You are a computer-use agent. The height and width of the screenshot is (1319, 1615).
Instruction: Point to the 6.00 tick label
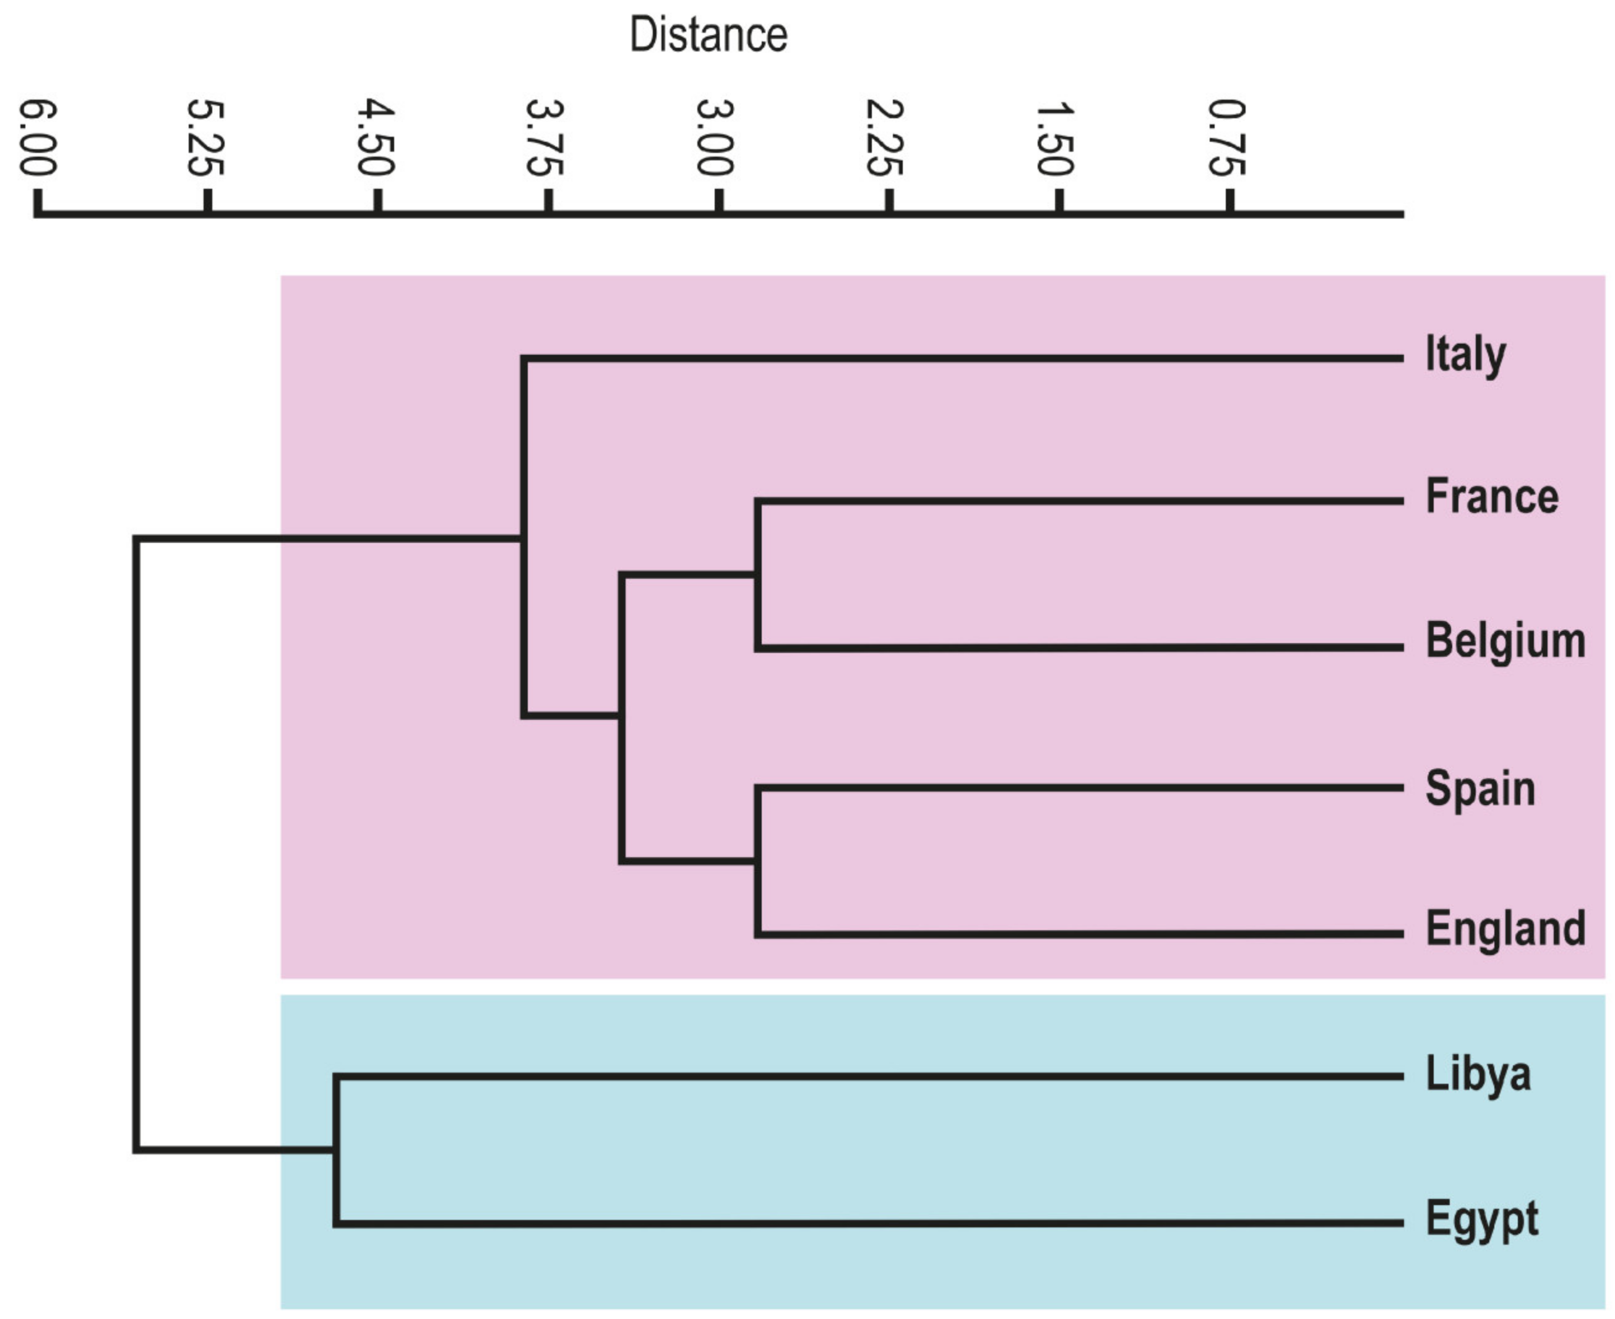tap(37, 137)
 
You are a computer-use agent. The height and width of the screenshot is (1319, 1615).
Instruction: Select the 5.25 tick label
tap(206, 137)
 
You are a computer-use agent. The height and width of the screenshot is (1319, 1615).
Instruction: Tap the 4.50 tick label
tap(376, 137)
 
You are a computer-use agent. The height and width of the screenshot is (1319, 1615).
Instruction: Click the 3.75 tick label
tap(546, 137)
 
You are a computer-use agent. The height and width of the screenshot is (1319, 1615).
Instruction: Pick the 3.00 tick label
tap(716, 137)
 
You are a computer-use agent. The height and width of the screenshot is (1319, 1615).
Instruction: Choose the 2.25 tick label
tap(886, 137)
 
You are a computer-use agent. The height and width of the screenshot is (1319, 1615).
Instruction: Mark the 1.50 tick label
tap(1056, 137)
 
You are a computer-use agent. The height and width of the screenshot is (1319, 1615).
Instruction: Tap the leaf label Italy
tap(1465, 355)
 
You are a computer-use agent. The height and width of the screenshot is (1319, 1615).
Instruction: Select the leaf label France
tap(1491, 497)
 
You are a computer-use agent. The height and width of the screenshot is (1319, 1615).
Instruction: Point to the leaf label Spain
tap(1479, 788)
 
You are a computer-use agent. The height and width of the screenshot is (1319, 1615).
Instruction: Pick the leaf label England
tap(1505, 929)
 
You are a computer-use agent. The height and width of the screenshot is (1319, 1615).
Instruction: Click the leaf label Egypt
tap(1481, 1219)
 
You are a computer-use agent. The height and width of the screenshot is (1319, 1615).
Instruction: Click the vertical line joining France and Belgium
tap(757, 574)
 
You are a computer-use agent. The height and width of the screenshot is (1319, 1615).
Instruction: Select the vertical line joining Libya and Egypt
tap(336, 1149)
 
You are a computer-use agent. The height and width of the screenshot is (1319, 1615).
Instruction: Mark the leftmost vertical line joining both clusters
tap(137, 843)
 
